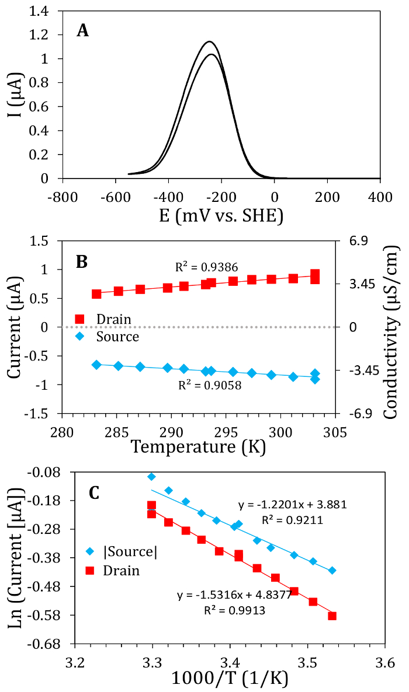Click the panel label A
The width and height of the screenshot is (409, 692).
click(83, 31)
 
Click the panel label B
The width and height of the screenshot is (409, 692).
click(82, 261)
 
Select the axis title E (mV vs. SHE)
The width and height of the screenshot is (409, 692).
click(221, 216)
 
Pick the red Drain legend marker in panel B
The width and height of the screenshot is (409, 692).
click(80, 319)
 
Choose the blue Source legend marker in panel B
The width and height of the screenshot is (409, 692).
click(80, 337)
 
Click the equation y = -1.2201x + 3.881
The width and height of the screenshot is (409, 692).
click(293, 504)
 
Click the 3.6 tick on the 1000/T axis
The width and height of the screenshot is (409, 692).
click(384, 663)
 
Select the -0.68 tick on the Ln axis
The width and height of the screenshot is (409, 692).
click(51, 644)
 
